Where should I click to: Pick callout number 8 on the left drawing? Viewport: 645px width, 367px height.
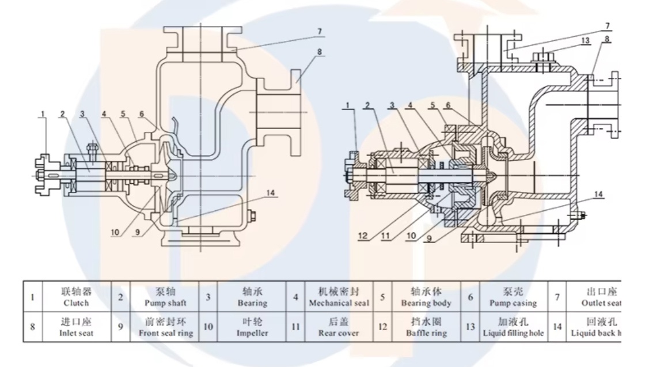(320, 51)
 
